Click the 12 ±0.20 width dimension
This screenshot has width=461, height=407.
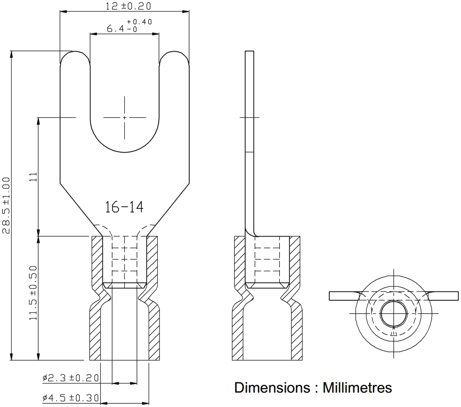(128, 6)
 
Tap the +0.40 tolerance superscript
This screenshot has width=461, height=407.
(140, 22)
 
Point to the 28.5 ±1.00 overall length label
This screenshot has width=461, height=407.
(6, 205)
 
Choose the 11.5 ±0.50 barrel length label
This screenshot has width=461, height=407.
(33, 293)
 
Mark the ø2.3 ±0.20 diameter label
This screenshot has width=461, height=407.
(70, 378)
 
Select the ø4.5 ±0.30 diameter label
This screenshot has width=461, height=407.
(70, 398)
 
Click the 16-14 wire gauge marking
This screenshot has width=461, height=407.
(124, 207)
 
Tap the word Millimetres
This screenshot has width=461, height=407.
(357, 388)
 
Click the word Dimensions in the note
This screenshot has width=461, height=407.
(272, 388)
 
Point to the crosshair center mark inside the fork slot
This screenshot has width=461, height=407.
(124, 118)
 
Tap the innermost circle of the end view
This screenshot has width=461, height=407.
(394, 314)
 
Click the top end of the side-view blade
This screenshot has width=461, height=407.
(250, 51)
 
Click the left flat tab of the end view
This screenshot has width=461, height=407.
(343, 296)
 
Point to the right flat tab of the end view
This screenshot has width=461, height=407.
(443, 296)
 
